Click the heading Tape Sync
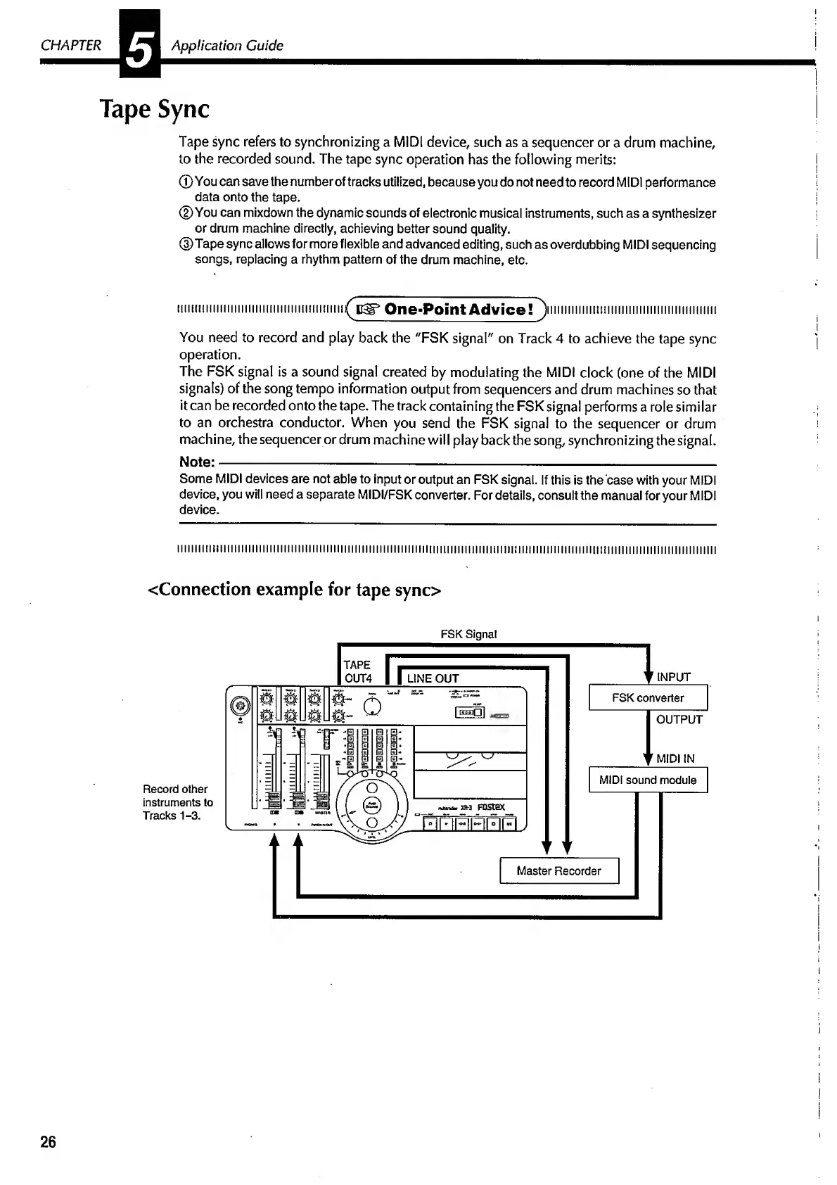point(155,110)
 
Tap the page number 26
point(48,1141)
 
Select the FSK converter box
point(648,698)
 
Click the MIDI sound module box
point(648,780)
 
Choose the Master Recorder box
point(559,870)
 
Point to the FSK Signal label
point(468,634)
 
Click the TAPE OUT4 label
point(357,672)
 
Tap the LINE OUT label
point(433,678)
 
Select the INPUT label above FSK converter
point(674,677)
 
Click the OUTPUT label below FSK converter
point(679,719)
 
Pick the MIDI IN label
point(675,759)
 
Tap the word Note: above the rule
point(196,462)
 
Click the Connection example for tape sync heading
point(295,589)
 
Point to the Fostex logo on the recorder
point(491,807)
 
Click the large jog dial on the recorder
point(373,806)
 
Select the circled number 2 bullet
point(186,213)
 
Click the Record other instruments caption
point(177,802)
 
